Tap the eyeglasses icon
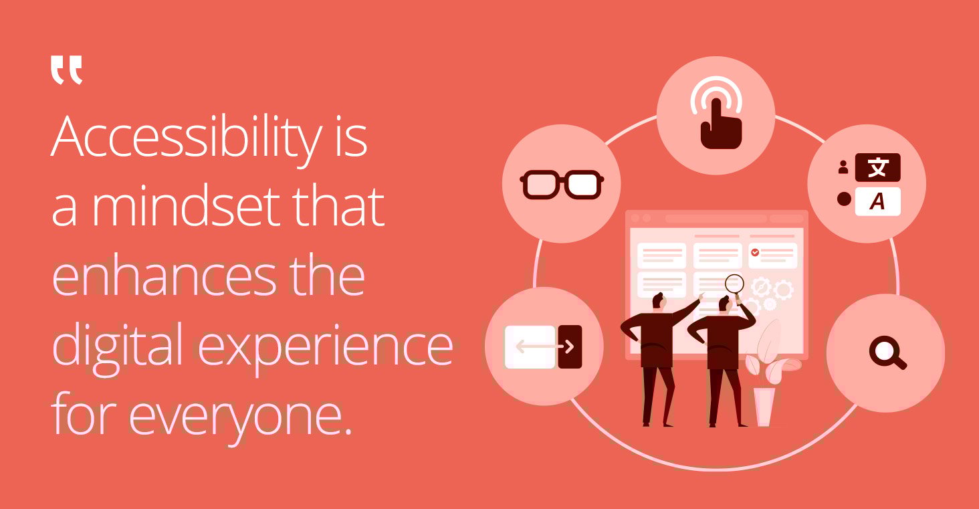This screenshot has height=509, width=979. [561, 185]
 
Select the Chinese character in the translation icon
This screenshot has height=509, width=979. [877, 168]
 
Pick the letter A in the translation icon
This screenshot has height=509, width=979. [877, 202]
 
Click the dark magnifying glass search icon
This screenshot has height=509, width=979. [887, 352]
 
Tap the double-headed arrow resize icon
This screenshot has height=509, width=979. [544, 346]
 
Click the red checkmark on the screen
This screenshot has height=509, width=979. [755, 252]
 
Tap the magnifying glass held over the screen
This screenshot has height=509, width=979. [734, 284]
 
